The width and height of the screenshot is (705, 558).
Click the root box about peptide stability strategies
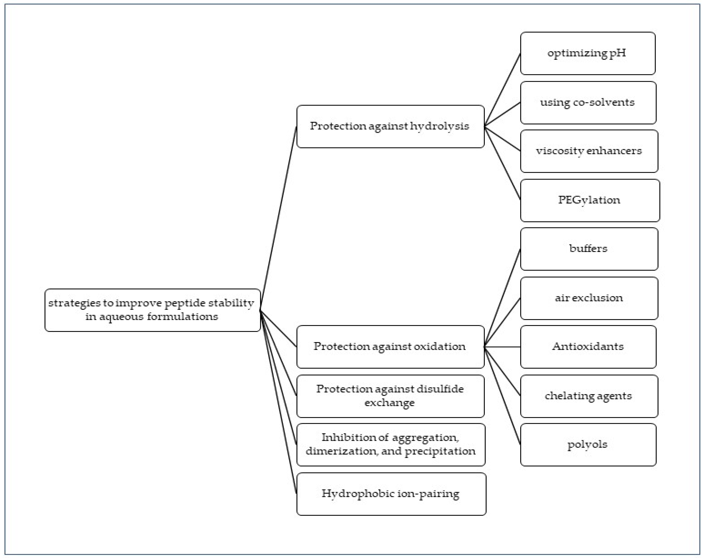pyautogui.click(x=152, y=310)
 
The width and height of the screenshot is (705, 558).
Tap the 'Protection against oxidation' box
pyautogui.click(x=390, y=346)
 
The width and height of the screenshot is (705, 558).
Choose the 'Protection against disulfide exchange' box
pyautogui.click(x=390, y=396)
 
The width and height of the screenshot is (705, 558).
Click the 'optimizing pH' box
pyautogui.click(x=588, y=53)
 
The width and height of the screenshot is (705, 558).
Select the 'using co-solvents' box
pyautogui.click(x=588, y=103)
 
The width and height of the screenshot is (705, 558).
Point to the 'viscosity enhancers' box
pyautogui.click(x=589, y=151)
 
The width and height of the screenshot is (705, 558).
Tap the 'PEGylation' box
pyautogui.click(x=590, y=200)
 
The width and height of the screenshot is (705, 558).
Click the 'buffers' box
pyautogui.click(x=589, y=249)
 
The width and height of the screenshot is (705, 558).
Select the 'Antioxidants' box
pyautogui.click(x=588, y=346)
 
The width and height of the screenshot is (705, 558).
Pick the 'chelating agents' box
pyautogui.click(x=589, y=396)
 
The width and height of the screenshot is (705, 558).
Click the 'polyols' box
pyautogui.click(x=588, y=444)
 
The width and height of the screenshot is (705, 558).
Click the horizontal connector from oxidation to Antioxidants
pyautogui.click(x=502, y=347)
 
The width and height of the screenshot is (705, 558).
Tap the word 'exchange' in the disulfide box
pyautogui.click(x=390, y=403)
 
